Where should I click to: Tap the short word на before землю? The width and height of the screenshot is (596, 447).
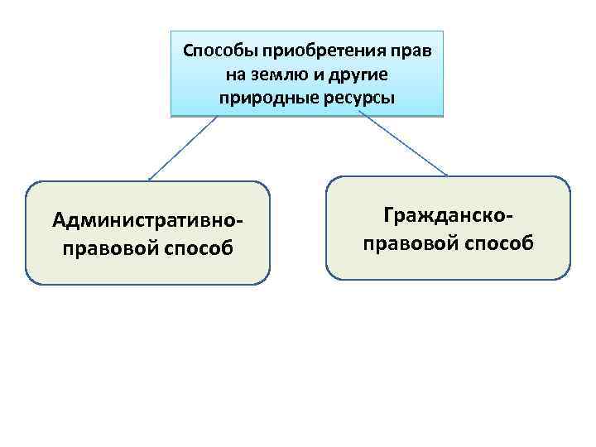(x=235, y=74)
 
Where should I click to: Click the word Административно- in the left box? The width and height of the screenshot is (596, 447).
(x=148, y=221)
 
